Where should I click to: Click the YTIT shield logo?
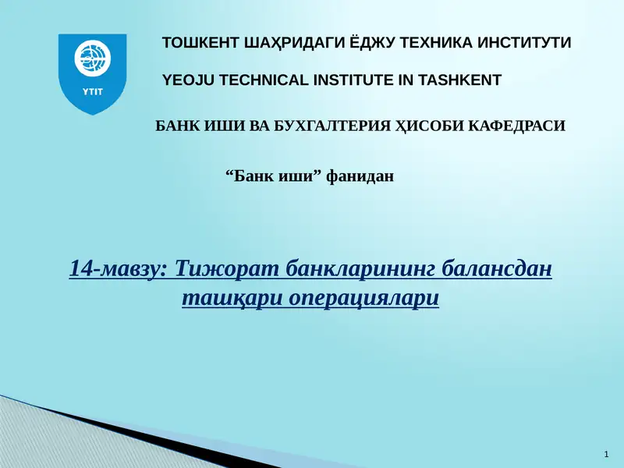coord(93,74)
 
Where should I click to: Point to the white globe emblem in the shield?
coord(93,58)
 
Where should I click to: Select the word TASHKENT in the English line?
coord(460,80)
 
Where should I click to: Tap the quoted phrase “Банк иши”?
coord(274,177)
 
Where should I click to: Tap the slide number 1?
coord(607,454)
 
